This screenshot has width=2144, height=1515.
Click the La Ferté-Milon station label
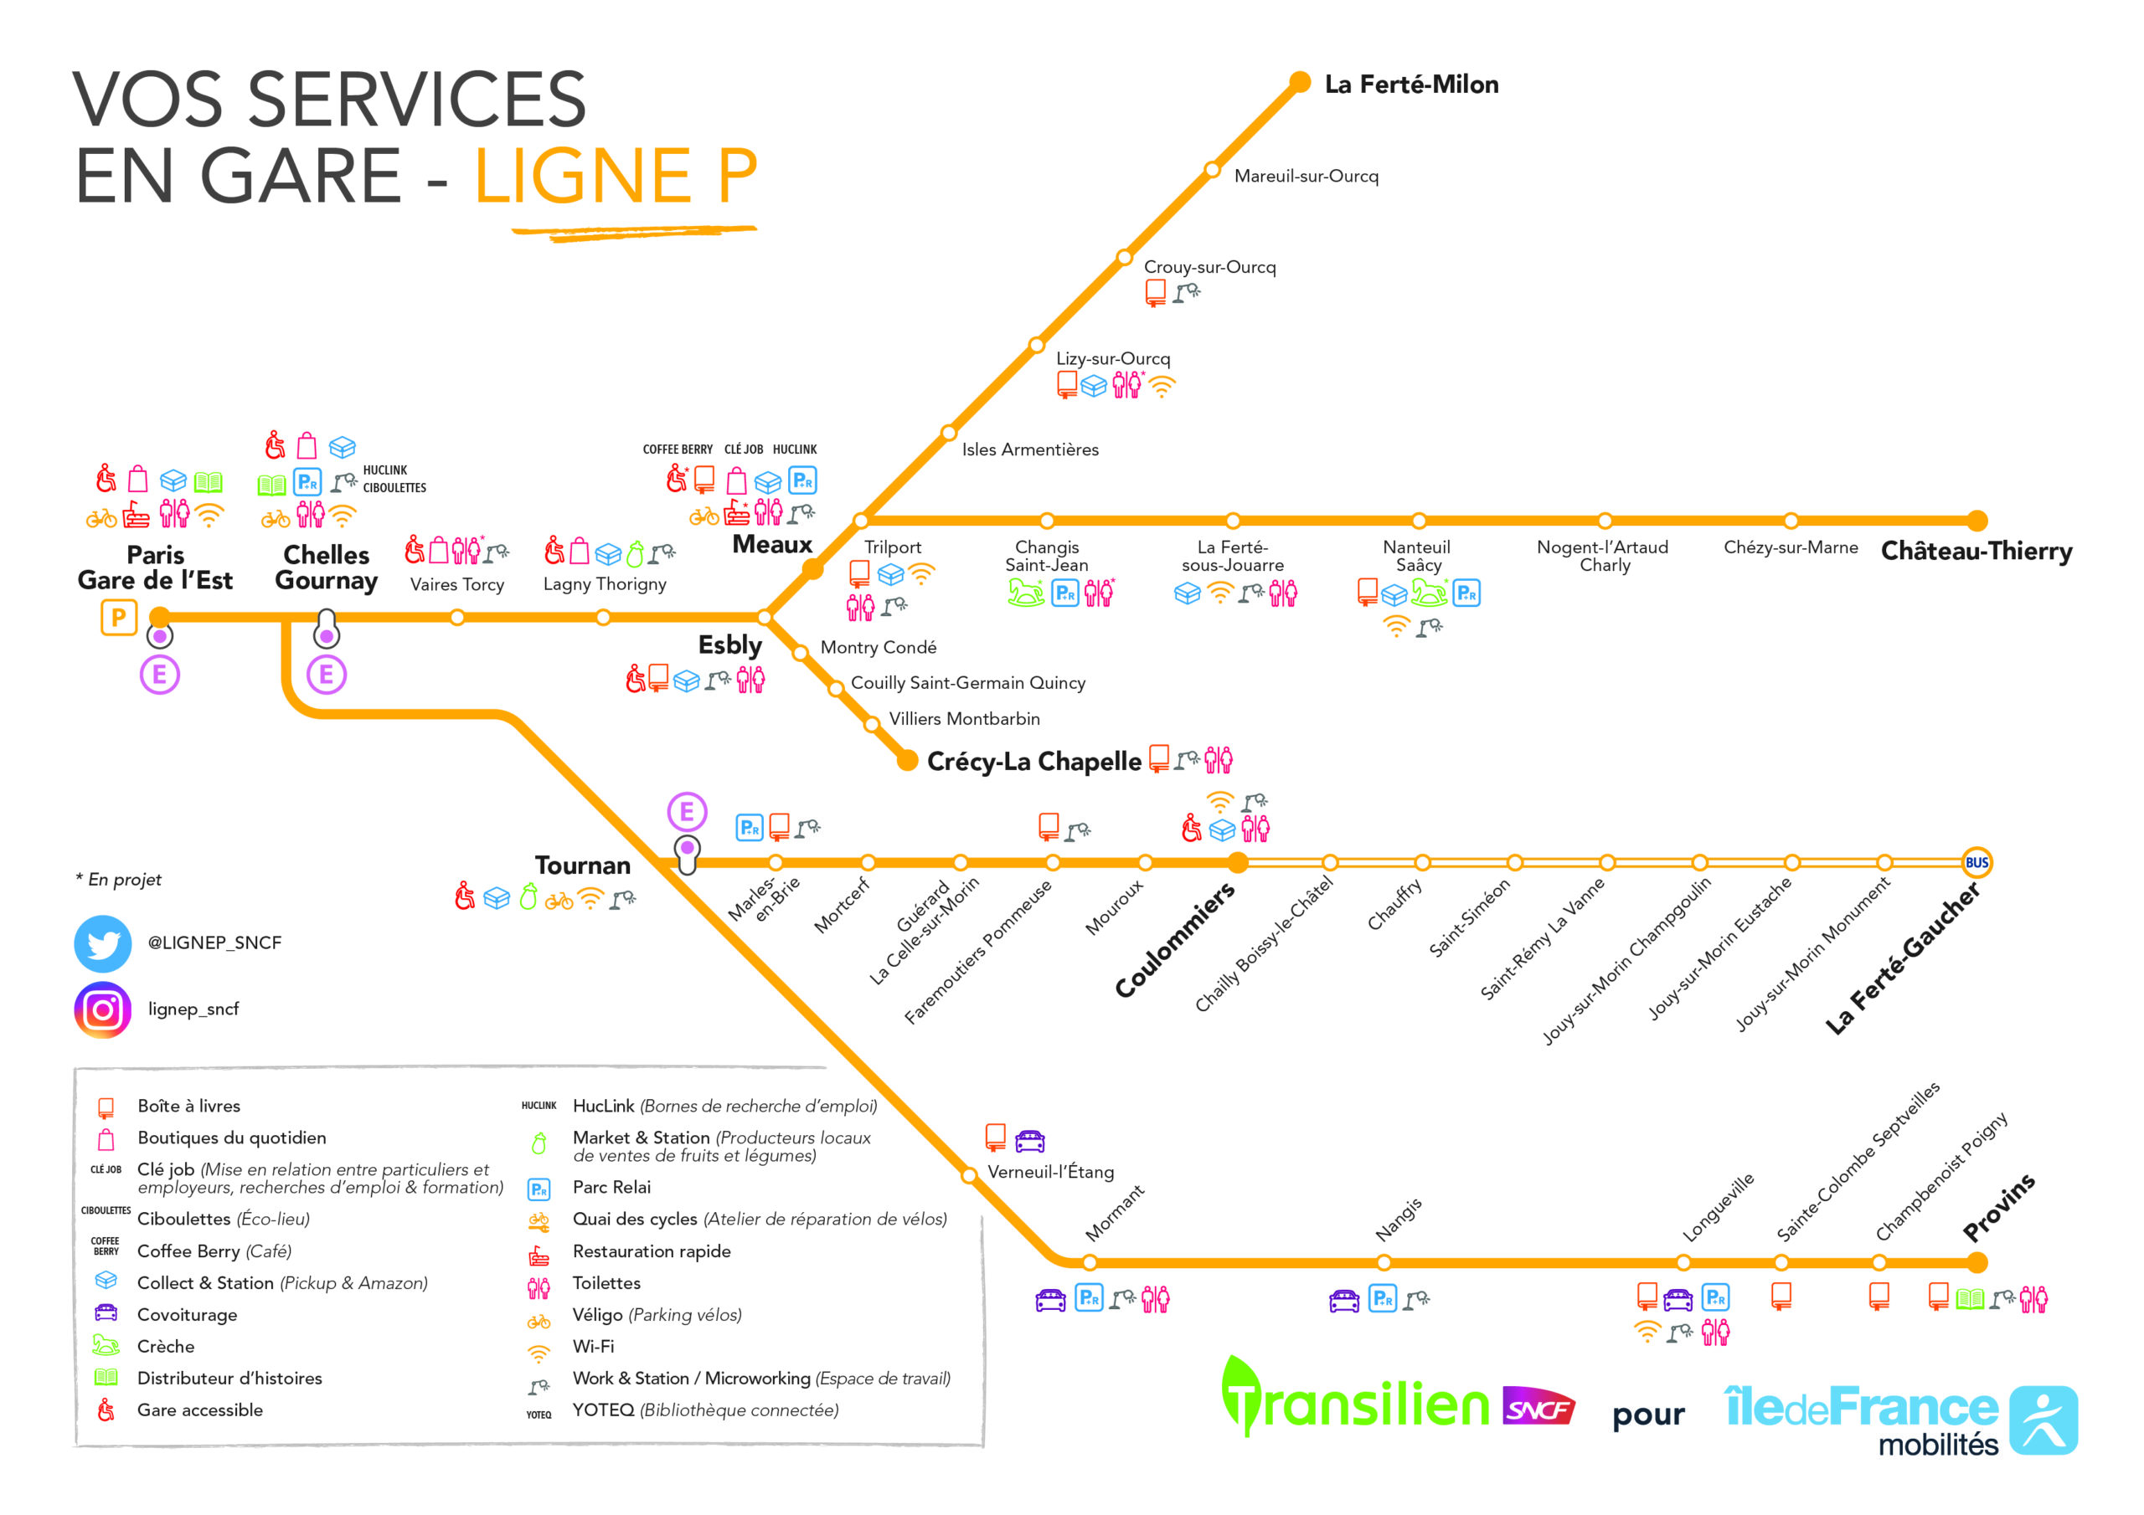[1411, 85]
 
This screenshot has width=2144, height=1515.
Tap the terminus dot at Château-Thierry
[1976, 521]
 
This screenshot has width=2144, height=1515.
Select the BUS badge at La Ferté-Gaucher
[1976, 862]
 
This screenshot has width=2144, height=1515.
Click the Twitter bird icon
[103, 943]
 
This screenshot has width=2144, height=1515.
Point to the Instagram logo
[103, 1009]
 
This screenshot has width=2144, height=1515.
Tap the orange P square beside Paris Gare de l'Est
[119, 617]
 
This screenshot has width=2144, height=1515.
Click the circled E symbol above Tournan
[687, 812]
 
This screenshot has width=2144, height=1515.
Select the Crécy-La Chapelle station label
[1033, 762]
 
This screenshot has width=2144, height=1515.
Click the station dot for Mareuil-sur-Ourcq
[1212, 170]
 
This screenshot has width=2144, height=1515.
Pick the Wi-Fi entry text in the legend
[593, 1347]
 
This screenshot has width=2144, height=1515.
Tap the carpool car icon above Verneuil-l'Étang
[1029, 1140]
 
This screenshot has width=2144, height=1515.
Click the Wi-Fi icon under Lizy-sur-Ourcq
[1162, 386]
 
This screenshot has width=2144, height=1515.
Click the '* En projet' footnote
[119, 880]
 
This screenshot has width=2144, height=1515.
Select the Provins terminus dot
[1976, 1263]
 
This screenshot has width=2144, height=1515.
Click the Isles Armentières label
[1030, 450]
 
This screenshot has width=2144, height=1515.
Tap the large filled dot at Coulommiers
[1237, 862]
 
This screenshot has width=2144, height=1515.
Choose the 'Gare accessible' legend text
[200, 1410]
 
